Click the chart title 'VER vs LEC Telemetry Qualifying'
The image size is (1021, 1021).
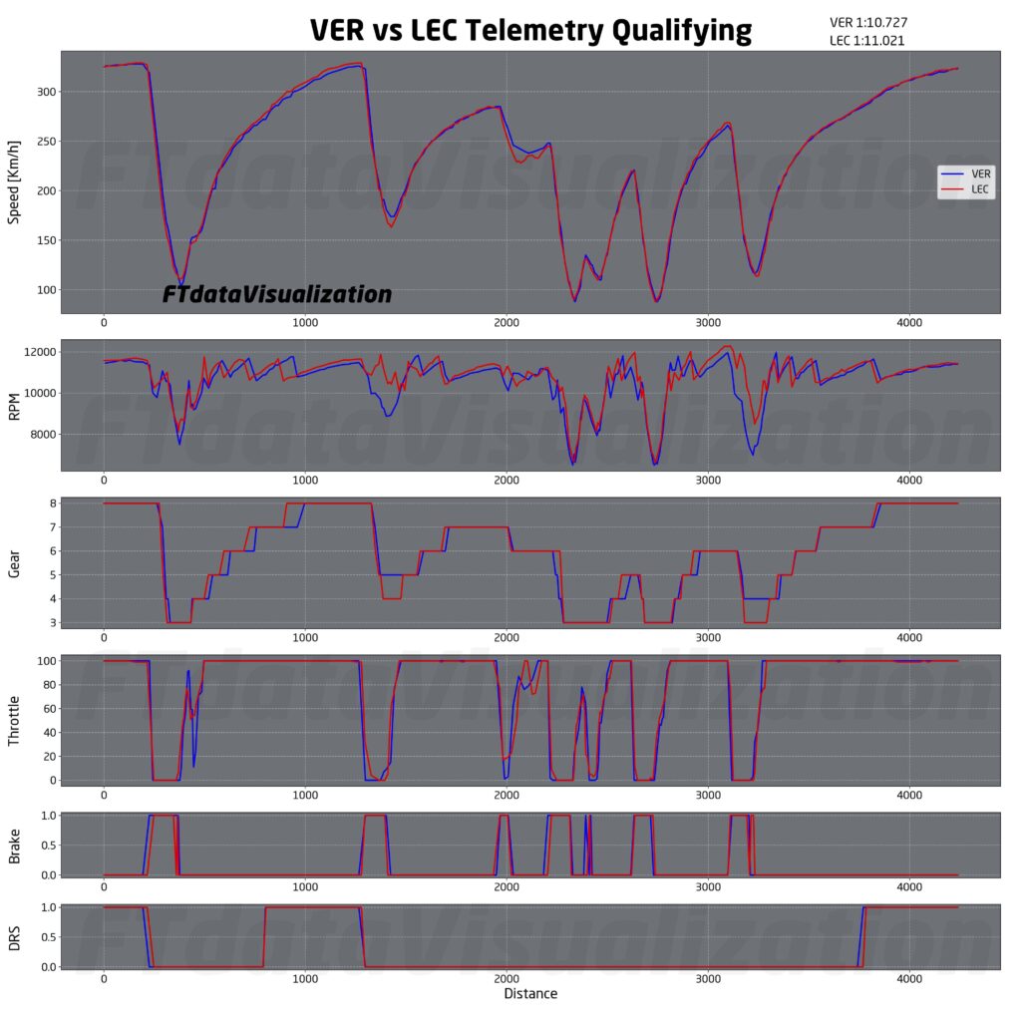point(530,30)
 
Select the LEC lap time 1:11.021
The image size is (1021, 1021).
point(867,41)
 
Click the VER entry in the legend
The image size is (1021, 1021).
point(980,172)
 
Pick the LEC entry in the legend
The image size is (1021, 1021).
point(980,188)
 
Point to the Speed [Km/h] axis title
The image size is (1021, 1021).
point(15,181)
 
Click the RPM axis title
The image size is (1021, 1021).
point(15,406)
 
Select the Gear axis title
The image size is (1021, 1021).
point(15,562)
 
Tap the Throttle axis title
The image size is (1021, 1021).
point(15,719)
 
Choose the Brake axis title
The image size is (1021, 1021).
point(15,845)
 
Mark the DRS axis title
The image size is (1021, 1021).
point(15,937)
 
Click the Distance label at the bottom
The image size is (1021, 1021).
point(530,993)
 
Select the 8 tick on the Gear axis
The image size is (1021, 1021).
point(51,504)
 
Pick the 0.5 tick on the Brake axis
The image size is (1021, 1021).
point(45,846)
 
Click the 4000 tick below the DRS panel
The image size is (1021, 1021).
point(908,979)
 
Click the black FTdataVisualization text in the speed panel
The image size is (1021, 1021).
point(277,295)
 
